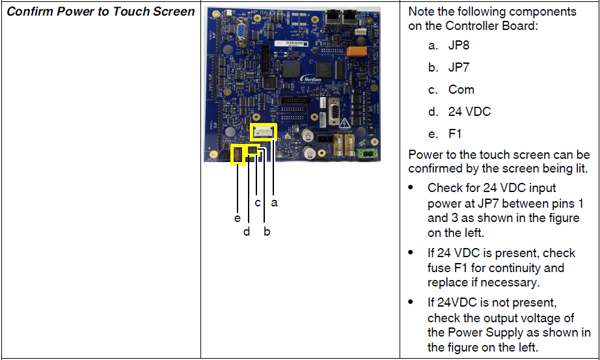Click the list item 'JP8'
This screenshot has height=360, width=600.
tap(458, 46)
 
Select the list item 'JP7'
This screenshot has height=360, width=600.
tap(458, 68)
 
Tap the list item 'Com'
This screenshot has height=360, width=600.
tap(461, 90)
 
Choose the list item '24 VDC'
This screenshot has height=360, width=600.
tap(469, 112)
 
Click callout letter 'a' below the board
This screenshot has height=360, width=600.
tap(274, 202)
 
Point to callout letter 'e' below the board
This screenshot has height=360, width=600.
tap(238, 218)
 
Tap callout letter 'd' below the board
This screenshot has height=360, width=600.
tap(247, 231)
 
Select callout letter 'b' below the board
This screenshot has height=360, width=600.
tap(267, 231)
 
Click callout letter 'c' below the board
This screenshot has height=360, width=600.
tap(258, 202)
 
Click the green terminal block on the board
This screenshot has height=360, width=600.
tap(365, 154)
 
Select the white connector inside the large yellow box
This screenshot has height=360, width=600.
tap(264, 132)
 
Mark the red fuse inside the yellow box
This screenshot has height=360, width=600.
tap(238, 155)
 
